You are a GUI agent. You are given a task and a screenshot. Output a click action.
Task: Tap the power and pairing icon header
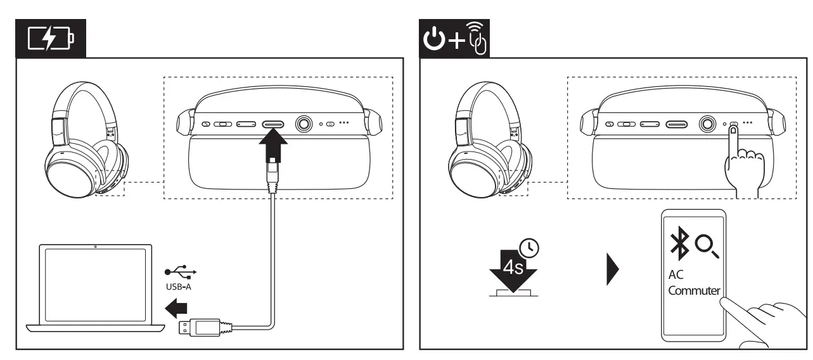click(455, 39)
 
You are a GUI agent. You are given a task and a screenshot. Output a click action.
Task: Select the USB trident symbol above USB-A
click(181, 272)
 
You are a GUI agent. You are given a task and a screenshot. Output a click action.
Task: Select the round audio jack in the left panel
click(304, 124)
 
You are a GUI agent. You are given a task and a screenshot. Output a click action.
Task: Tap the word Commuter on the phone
click(694, 292)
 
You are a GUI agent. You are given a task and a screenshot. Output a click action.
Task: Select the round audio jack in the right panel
click(707, 124)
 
